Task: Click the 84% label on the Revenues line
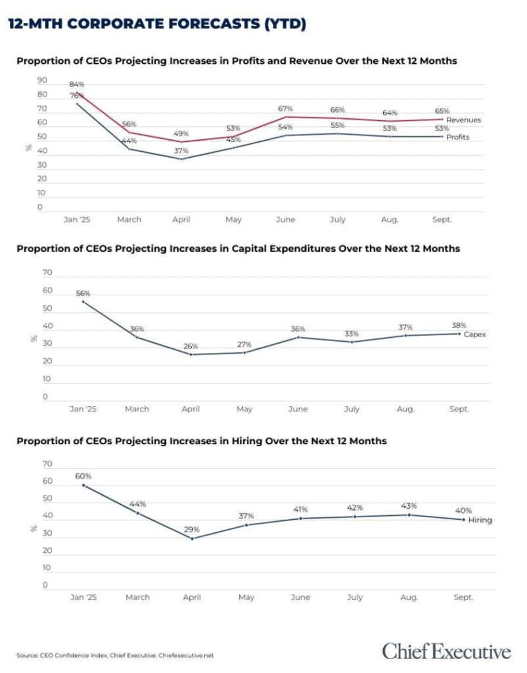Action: point(77,84)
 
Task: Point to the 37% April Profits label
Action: point(181,151)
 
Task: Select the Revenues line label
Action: point(463,120)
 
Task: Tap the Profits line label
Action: point(457,137)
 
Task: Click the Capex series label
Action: point(474,335)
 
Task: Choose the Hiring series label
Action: point(480,521)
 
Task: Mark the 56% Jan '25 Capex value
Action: point(83,293)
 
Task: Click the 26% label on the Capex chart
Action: point(191,346)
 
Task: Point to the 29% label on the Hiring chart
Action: point(192,530)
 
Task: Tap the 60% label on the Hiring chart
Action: point(83,476)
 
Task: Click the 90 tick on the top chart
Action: point(42,80)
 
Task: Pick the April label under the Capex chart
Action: point(191,409)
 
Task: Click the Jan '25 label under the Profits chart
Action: point(77,220)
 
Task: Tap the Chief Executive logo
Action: point(446,651)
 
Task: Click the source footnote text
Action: point(115,655)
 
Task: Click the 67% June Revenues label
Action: point(285,108)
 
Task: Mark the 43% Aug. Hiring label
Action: point(409,505)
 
